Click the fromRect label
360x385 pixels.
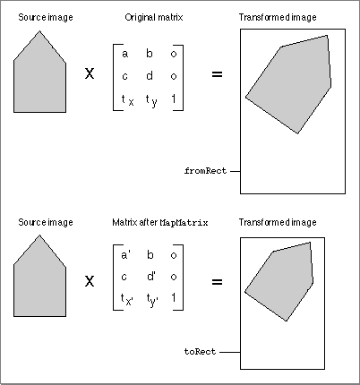tap(205, 171)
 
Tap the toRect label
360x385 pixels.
tap(200, 352)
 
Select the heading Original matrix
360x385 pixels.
tap(154, 17)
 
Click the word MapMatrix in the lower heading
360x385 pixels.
tap(184, 223)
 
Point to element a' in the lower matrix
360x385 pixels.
tap(125, 255)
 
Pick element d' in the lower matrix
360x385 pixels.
tap(150, 277)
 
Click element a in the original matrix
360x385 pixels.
tap(124, 54)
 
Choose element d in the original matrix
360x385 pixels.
tap(150, 76)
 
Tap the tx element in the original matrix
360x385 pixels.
tap(127, 100)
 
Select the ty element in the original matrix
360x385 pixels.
tap(151, 100)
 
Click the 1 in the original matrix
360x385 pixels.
tap(174, 98)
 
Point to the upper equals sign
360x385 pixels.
tap(217, 74)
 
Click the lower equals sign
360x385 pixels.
tap(217, 282)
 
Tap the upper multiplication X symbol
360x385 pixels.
tap(90, 73)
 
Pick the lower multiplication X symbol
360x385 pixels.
tap(90, 281)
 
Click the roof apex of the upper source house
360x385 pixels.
tap(39, 31)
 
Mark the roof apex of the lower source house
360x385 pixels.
tap(39, 235)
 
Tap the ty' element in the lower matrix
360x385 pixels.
tap(152, 300)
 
